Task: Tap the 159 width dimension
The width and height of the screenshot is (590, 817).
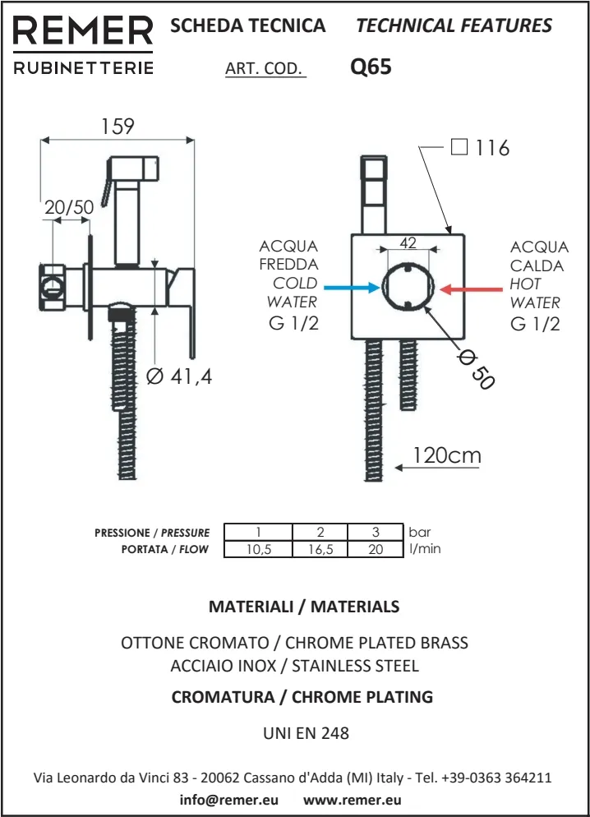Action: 117,127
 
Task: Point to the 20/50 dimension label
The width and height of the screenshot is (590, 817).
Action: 69,207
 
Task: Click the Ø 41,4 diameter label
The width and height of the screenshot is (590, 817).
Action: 179,376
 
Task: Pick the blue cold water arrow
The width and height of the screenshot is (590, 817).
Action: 352,288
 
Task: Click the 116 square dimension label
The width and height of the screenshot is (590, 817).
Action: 491,148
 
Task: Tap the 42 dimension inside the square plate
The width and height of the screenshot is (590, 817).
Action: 408,242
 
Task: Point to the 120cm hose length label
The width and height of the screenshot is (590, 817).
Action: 447,455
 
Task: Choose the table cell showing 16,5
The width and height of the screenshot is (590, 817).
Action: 320,549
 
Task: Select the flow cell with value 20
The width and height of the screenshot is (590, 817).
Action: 376,549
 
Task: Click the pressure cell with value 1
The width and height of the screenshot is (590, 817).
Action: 258,533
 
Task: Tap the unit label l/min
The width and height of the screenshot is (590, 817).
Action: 425,549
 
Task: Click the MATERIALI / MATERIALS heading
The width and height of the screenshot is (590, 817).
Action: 304,607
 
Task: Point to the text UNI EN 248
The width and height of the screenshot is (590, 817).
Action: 306,733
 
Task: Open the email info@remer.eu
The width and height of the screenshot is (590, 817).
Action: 228,800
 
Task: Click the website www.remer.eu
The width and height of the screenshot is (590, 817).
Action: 353,800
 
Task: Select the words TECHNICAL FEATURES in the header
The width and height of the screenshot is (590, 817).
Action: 454,25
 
